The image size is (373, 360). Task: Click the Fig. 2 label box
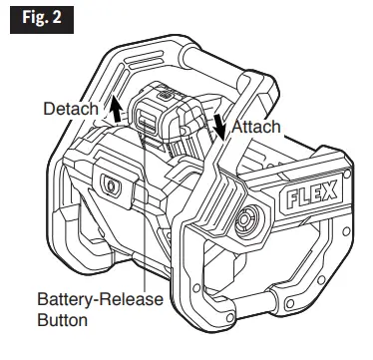(42, 19)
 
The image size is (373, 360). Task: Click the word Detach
(71, 109)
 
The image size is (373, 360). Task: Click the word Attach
(256, 127)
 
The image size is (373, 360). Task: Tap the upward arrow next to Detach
(115, 109)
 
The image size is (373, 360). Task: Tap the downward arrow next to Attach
(218, 127)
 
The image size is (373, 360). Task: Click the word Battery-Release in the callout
(100, 299)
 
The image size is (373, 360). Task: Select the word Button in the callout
(63, 320)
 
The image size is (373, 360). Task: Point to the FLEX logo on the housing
(311, 194)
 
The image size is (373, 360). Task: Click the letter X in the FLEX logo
(330, 191)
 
